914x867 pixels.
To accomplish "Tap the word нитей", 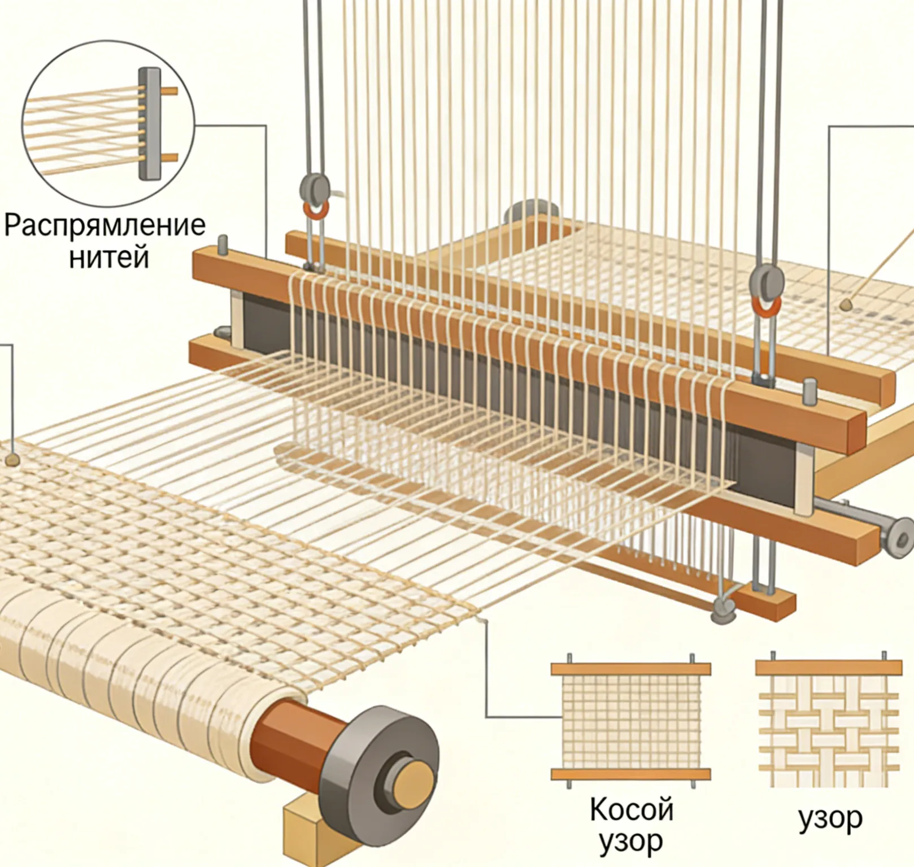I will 109,257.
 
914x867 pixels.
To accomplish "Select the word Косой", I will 632,809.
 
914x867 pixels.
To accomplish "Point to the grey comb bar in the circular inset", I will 149,124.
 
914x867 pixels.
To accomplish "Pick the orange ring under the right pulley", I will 766,306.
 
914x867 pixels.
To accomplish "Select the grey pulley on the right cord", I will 767,282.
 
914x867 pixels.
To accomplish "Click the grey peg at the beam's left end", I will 223,245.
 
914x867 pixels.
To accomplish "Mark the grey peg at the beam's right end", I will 810,391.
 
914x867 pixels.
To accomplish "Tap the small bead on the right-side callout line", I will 846,305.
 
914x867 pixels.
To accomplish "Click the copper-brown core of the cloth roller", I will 282,735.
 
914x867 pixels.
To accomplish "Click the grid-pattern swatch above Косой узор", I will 630,720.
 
